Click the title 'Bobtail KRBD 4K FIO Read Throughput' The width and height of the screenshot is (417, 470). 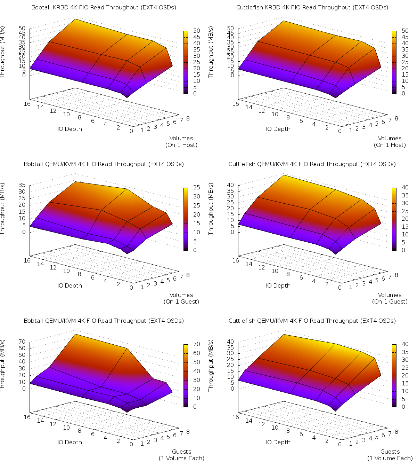click(104, 7)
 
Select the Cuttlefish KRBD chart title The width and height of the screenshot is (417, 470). click(312, 7)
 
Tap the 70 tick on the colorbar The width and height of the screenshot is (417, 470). click(196, 344)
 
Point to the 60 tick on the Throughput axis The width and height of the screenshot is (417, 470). click(22, 348)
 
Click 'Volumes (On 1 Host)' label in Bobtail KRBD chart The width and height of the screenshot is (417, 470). click(181, 142)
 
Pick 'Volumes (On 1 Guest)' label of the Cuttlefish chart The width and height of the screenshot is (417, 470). click(390, 298)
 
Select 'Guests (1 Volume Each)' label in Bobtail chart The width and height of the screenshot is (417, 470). click(181, 455)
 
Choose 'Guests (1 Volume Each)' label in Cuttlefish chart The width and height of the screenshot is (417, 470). click(390, 455)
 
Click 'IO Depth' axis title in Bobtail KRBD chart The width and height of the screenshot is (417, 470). click(70, 129)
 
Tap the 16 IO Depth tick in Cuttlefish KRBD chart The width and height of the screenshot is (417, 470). click(236, 104)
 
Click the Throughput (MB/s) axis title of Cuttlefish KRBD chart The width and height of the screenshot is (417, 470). click(211, 52)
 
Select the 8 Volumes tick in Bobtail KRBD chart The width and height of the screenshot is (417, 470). click(188, 118)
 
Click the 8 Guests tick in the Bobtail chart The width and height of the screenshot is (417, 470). click(188, 432)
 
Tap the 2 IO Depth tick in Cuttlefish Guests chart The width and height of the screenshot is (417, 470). click(327, 441)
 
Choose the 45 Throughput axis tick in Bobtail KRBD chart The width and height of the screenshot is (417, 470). click(22, 33)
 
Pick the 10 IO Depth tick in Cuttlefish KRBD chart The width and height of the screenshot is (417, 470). click(275, 114)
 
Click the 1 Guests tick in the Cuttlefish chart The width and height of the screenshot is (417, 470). click(351, 444)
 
